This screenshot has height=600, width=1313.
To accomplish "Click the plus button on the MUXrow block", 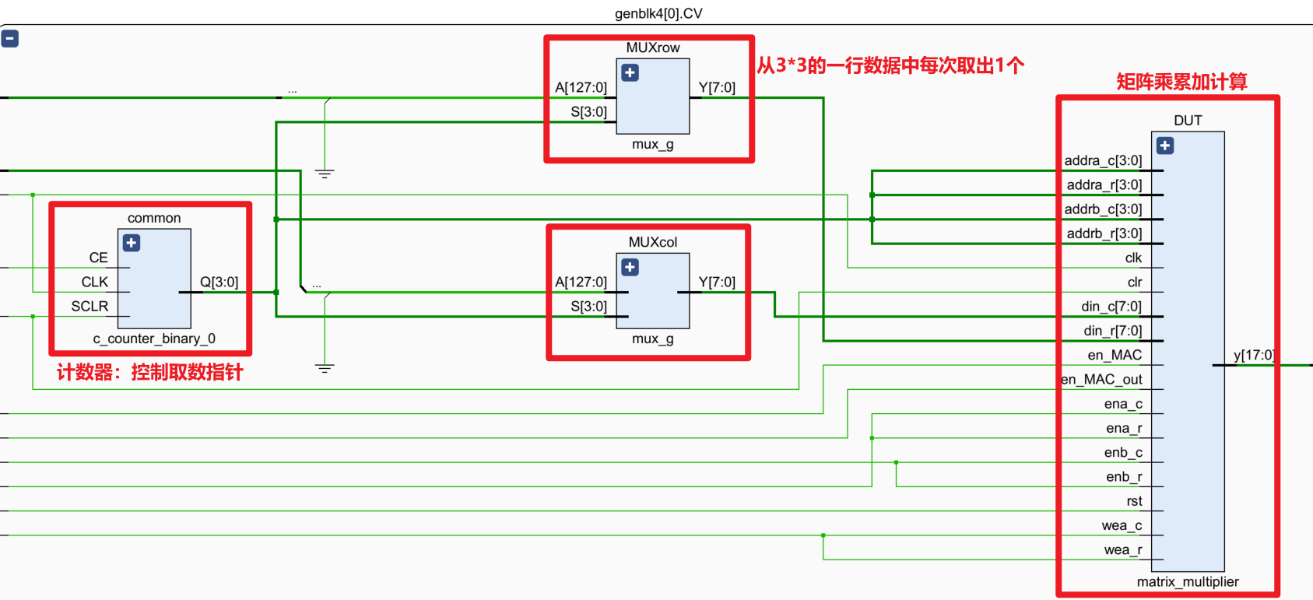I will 630,73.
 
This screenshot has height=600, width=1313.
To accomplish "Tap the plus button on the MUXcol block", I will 630,268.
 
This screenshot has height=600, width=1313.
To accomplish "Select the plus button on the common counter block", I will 132,244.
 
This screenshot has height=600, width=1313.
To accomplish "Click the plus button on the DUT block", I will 1165,146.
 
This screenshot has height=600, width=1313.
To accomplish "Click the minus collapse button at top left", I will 10,39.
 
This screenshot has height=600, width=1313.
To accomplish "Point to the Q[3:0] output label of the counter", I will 219,282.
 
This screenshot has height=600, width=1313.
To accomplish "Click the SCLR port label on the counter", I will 90,307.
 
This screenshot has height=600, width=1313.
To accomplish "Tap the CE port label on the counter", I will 98,258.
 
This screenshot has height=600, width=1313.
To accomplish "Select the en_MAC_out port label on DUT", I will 1101,380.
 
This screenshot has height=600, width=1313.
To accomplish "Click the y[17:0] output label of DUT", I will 1253,356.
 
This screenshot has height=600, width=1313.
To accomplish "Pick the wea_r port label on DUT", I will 1122,550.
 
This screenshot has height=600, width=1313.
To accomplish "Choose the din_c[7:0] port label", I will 1111,307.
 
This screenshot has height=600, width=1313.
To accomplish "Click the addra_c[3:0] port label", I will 1103,161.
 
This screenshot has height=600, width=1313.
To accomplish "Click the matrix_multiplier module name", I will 1187,582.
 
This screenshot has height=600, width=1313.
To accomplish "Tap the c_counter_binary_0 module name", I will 154,339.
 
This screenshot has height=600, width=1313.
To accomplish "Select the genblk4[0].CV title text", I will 658,14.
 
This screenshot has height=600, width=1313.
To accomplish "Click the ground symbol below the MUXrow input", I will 325,174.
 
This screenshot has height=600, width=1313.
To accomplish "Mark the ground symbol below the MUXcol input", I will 325,369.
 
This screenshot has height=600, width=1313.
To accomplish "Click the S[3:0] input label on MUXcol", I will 588,307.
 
